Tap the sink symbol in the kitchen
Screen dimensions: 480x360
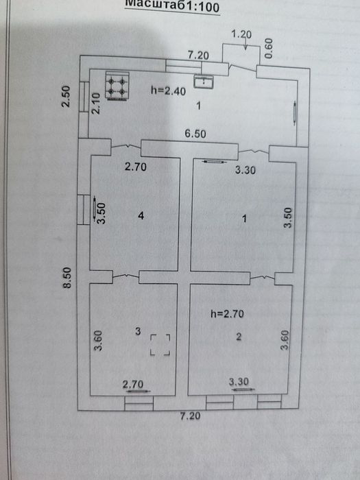pyautogui.click(x=203, y=81)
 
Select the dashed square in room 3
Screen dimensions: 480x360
pyautogui.click(x=160, y=345)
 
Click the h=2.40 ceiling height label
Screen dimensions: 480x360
pyautogui.click(x=167, y=90)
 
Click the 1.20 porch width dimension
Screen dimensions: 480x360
pyautogui.click(x=242, y=33)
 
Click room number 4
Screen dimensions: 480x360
pyautogui.click(x=140, y=217)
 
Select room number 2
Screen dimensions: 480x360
pyautogui.click(x=238, y=337)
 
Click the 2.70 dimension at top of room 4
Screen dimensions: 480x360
pyautogui.click(x=135, y=166)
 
